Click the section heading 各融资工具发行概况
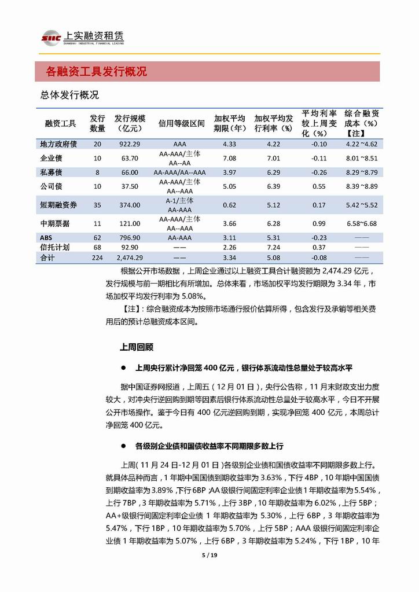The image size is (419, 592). pos(96,72)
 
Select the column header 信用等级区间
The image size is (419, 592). pos(181,123)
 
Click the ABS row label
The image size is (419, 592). pos(47,237)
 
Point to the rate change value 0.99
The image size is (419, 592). pos(319,223)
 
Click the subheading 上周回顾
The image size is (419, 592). pos(136,347)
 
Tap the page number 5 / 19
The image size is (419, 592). pos(209,556)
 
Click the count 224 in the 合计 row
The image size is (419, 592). pos(97,257)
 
